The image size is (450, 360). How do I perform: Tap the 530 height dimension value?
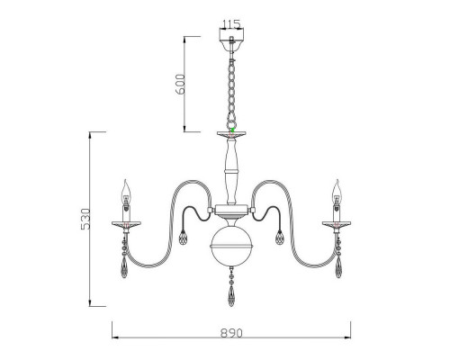click(85, 220)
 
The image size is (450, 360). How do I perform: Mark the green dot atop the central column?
click(231, 131)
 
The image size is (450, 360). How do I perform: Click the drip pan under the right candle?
click(338, 223)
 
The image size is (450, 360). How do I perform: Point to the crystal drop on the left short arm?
click(184, 240)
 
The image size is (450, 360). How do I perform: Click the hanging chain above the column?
click(231, 85)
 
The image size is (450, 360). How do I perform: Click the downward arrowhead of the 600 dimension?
click(185, 127)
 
